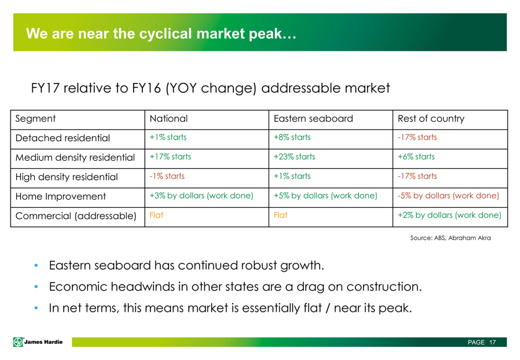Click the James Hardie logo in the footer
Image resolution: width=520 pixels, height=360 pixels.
coord(38,342)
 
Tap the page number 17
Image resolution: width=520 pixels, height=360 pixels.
coord(493,342)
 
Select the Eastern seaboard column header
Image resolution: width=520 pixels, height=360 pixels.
coord(313,119)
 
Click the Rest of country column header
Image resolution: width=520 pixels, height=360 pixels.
coord(431,119)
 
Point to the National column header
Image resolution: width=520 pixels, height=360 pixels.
coord(168,119)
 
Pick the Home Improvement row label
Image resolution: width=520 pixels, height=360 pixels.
coord(61,196)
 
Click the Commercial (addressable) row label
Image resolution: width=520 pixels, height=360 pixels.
coord(76,216)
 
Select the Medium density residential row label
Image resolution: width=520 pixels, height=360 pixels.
coord(76,158)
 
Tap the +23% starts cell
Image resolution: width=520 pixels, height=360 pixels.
coord(294,156)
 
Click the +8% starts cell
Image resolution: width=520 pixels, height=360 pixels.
coord(292,137)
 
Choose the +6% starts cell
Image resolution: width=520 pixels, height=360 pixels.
coord(416,156)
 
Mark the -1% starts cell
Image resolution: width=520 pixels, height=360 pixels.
coord(167,176)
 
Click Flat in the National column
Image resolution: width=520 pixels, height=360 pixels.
coord(157,215)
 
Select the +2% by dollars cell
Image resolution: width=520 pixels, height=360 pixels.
coord(449,215)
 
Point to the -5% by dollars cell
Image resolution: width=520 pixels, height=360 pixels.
coord(448,195)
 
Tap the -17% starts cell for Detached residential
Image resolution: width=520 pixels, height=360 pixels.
coord(417,137)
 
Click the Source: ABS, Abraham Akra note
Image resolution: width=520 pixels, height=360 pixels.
coord(451,238)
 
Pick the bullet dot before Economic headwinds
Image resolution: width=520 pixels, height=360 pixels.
coord(36,287)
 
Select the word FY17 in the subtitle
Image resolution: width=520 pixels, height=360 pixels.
coord(45,88)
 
